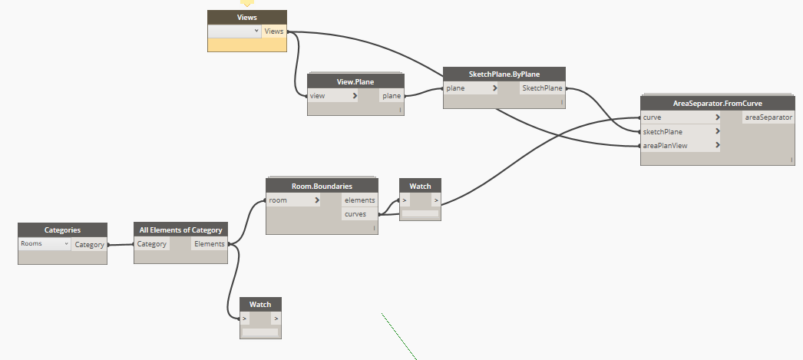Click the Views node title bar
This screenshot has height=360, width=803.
coord(247,17)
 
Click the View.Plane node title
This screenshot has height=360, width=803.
coord(355,81)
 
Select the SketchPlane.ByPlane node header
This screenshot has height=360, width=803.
coord(504,74)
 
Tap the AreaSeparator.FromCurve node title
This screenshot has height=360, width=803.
coord(717,103)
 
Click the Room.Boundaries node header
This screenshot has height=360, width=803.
coord(322,186)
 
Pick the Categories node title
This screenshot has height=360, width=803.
coord(62,230)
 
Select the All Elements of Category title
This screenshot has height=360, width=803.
coord(180,230)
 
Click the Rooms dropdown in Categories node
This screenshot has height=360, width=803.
coord(45,244)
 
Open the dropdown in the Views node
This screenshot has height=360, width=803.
coord(235,31)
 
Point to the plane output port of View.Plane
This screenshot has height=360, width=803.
coord(392,96)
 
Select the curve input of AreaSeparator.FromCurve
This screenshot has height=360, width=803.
coord(680,117)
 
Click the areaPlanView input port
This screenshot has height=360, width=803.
coord(680,145)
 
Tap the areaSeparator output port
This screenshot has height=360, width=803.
coord(768,117)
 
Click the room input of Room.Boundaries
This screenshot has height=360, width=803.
coord(293,200)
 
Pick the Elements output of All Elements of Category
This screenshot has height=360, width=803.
coord(210,244)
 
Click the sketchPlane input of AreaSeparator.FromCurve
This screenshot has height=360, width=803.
coord(680,131)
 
